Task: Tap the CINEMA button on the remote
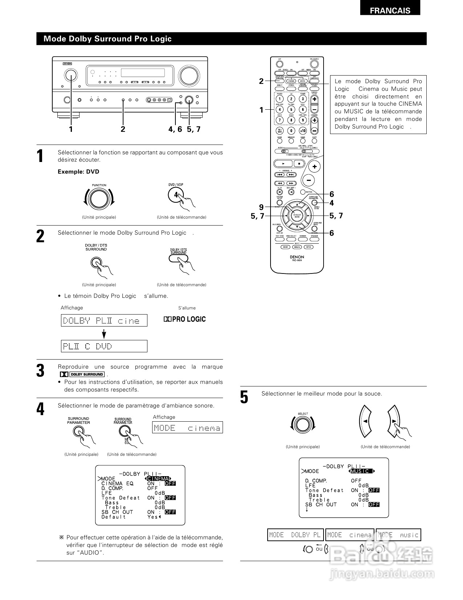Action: click(291, 81)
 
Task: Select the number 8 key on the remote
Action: click(291, 120)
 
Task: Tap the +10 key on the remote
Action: click(302, 131)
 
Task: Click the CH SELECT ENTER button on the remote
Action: click(297, 215)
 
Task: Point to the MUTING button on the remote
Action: click(302, 192)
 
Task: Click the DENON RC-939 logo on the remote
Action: click(297, 259)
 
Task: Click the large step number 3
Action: click(41, 371)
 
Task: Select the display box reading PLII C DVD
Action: click(104, 346)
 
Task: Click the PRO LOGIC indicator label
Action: click(185, 319)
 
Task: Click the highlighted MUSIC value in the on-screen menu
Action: click(361, 471)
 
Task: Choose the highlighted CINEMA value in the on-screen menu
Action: click(158, 479)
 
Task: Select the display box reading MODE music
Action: click(398, 535)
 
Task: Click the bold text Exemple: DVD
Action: click(78, 172)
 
